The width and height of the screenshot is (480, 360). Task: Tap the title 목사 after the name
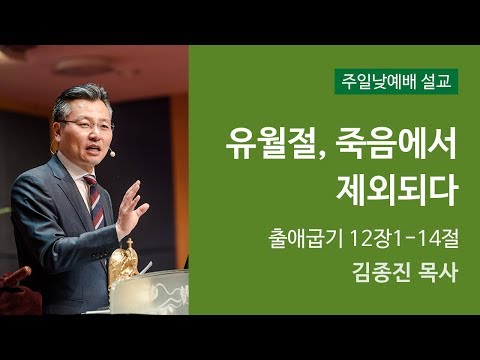point(434,272)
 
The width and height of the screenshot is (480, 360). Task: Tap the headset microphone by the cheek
point(111,153)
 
